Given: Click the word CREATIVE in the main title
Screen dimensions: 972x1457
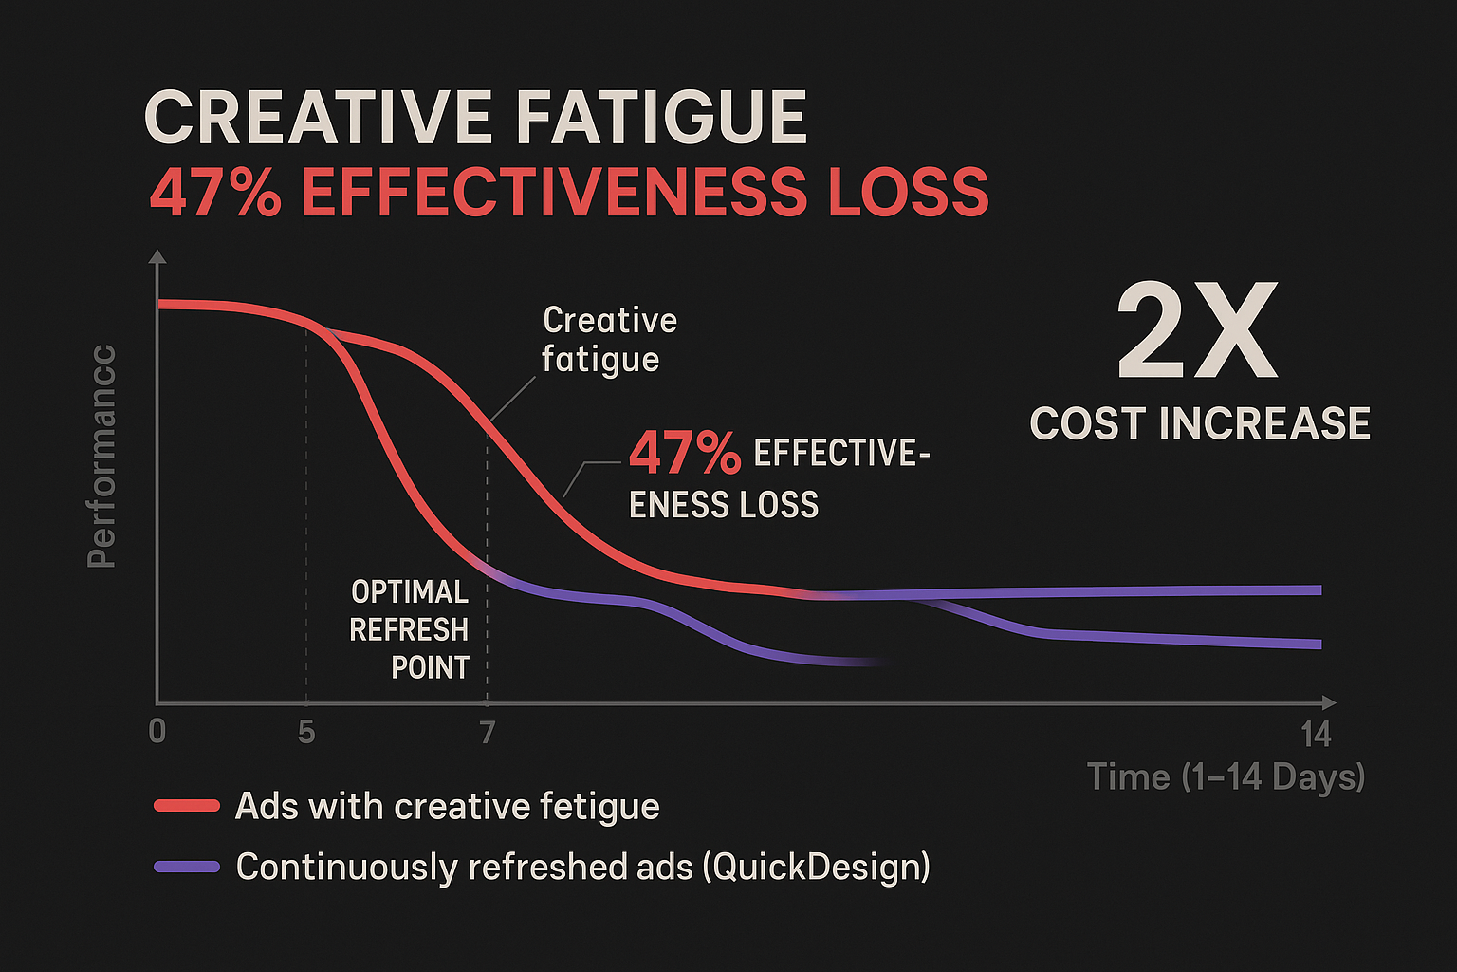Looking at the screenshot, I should click(318, 119).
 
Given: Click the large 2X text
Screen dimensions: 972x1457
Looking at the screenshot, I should click(1197, 333).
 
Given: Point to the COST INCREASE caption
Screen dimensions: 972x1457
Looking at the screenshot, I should click(1200, 423).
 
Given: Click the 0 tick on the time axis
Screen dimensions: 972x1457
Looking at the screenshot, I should click(157, 732).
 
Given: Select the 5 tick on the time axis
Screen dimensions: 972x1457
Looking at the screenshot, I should click(305, 732).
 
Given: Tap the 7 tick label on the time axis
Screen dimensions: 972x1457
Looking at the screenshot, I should click(487, 732).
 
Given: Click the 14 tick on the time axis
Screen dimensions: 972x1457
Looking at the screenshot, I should click(1316, 734).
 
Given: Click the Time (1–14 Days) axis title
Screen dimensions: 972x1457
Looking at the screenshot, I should click(1226, 777).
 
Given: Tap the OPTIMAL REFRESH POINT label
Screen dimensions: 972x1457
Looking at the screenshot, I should click(410, 630).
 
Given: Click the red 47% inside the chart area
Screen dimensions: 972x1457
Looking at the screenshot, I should click(684, 454).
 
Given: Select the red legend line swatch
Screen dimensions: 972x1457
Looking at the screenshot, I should click(187, 806).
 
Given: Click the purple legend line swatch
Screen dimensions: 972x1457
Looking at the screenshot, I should click(187, 867).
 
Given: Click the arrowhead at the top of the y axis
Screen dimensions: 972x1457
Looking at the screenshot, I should click(157, 256).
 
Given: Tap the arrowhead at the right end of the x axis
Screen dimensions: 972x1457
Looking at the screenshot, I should click(1329, 702).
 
